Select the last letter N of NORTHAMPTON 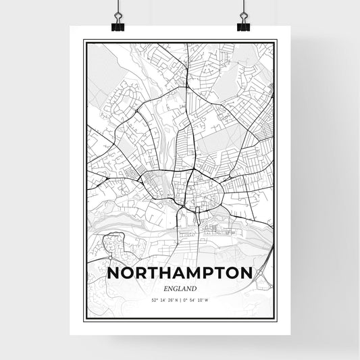point(247,274)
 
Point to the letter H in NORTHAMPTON point(163,274)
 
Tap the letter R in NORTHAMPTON point(140,274)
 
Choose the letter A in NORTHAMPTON point(177,274)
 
